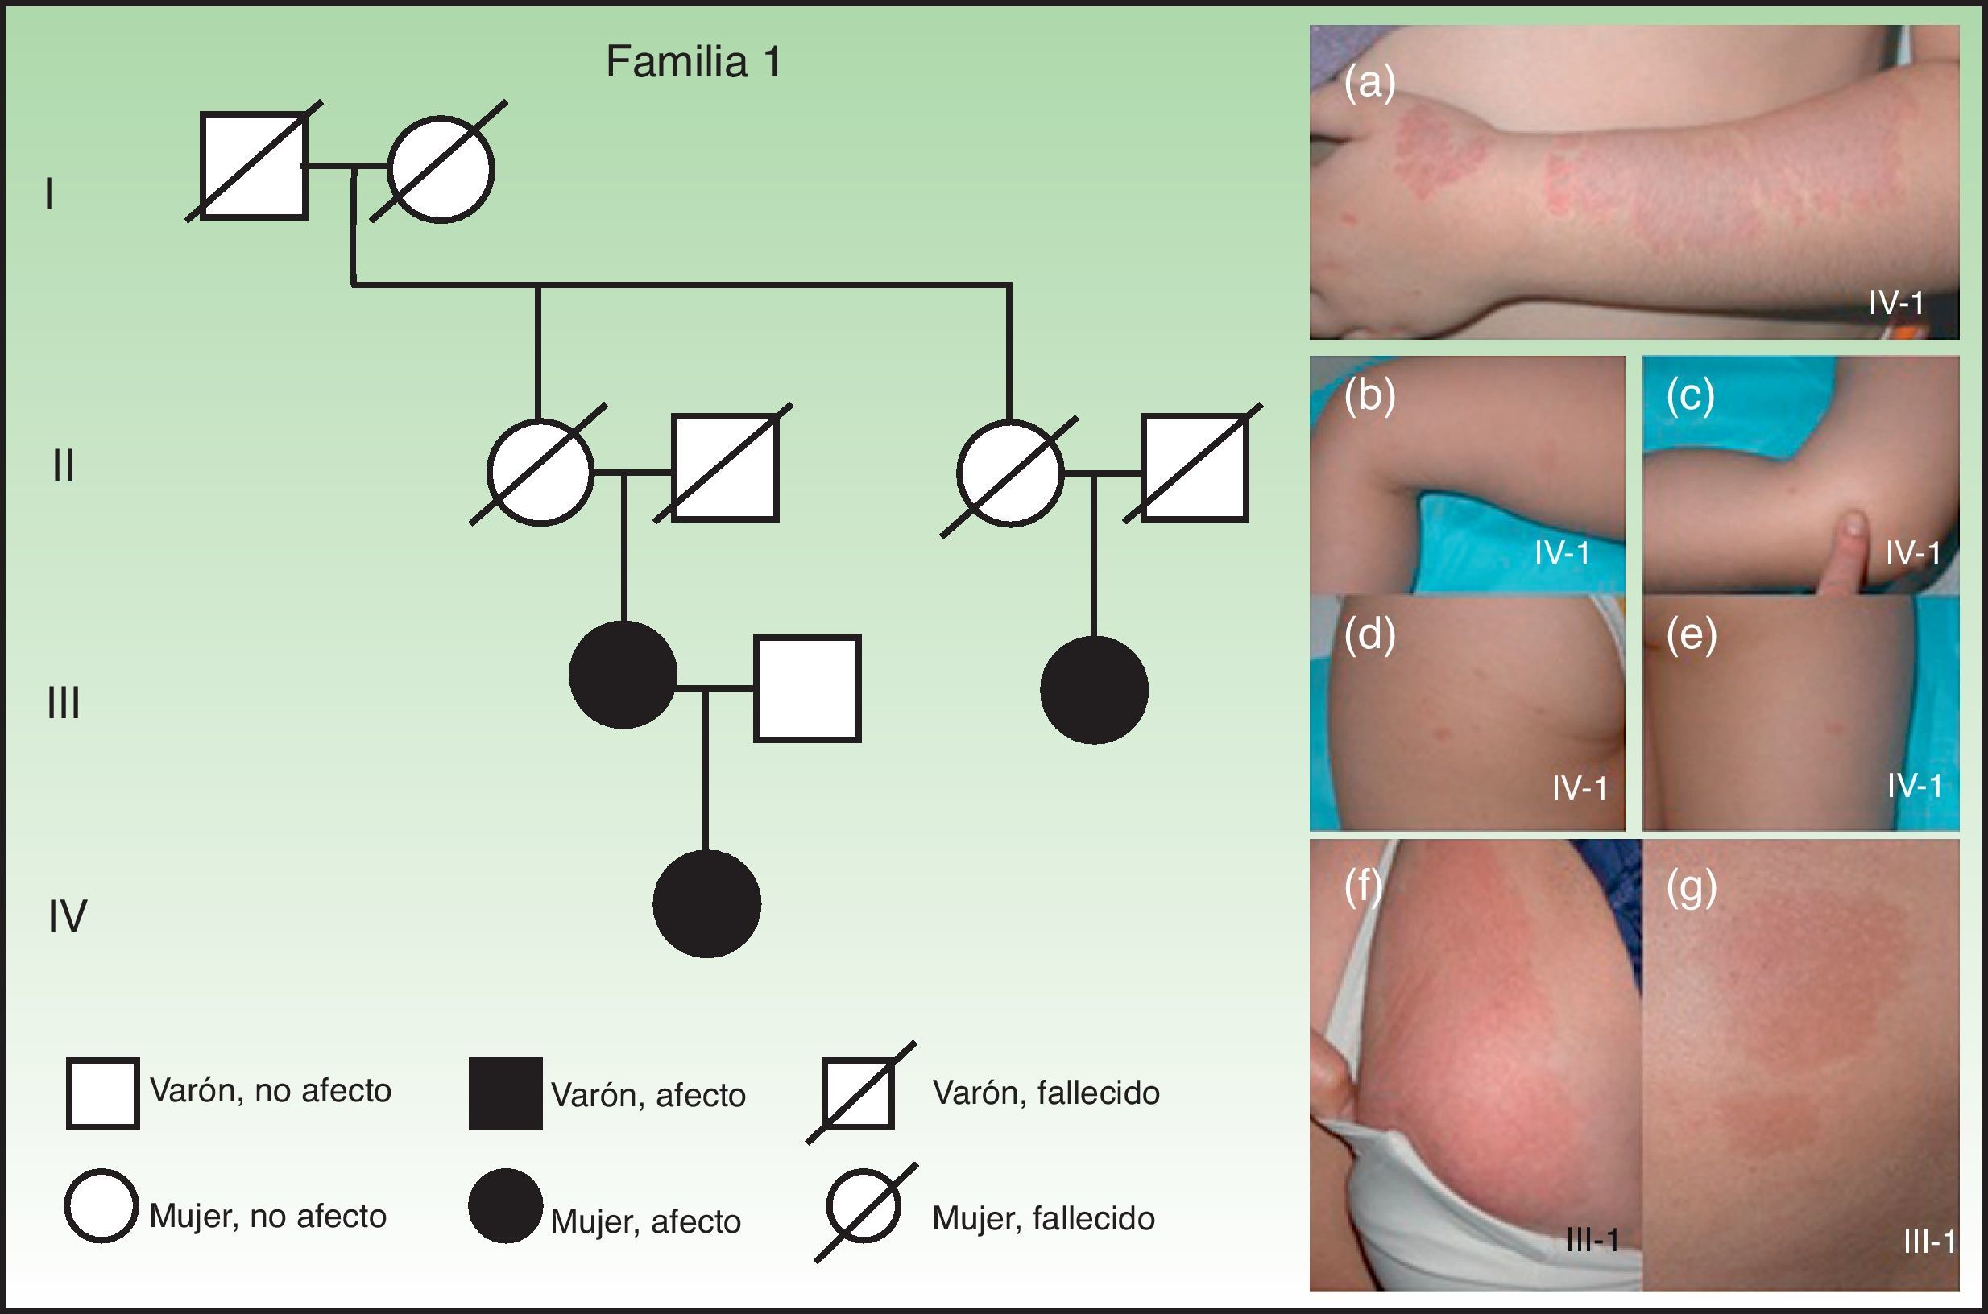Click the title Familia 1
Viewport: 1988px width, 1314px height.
point(694,63)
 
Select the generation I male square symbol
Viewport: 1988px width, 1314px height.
point(253,166)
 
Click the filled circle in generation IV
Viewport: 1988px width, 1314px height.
point(706,903)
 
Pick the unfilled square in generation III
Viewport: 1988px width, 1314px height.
point(806,689)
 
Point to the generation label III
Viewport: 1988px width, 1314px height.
point(64,702)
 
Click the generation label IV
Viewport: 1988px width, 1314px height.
point(67,916)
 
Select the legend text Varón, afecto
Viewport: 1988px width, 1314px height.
point(648,1095)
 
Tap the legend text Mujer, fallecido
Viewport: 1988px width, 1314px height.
point(1043,1218)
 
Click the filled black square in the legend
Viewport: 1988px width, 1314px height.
point(505,1093)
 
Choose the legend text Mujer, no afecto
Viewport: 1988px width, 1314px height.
point(267,1216)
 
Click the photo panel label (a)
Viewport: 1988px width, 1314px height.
point(1369,84)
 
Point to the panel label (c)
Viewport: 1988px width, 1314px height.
point(1690,396)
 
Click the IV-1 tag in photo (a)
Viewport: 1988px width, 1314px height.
point(1895,303)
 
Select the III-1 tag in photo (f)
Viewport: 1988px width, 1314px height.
point(1592,1239)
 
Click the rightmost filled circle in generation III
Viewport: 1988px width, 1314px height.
point(1093,689)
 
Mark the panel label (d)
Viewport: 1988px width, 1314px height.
point(1369,635)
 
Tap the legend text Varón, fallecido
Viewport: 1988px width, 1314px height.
point(1046,1093)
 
